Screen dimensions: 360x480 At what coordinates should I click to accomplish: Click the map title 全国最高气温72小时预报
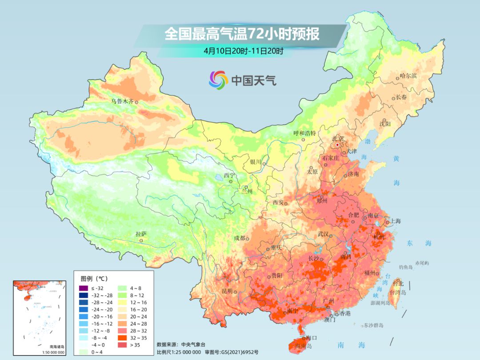coord(242,34)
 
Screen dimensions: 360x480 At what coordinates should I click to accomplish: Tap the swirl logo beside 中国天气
coord(218,80)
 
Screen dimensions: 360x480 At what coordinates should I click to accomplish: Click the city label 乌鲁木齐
coord(122,101)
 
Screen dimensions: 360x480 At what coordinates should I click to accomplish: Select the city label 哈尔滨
coord(408,76)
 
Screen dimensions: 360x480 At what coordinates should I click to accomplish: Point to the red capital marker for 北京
coord(338,145)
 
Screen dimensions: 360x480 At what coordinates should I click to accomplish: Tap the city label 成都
coord(239,238)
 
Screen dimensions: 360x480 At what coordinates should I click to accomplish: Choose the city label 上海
coord(396,221)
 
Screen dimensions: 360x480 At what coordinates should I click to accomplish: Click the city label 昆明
coord(227,291)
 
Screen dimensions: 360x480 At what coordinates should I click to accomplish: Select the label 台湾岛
coord(398,292)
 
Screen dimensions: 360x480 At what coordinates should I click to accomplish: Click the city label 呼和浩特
coord(304,133)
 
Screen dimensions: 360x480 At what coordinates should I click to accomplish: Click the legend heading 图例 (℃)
coord(94,279)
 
